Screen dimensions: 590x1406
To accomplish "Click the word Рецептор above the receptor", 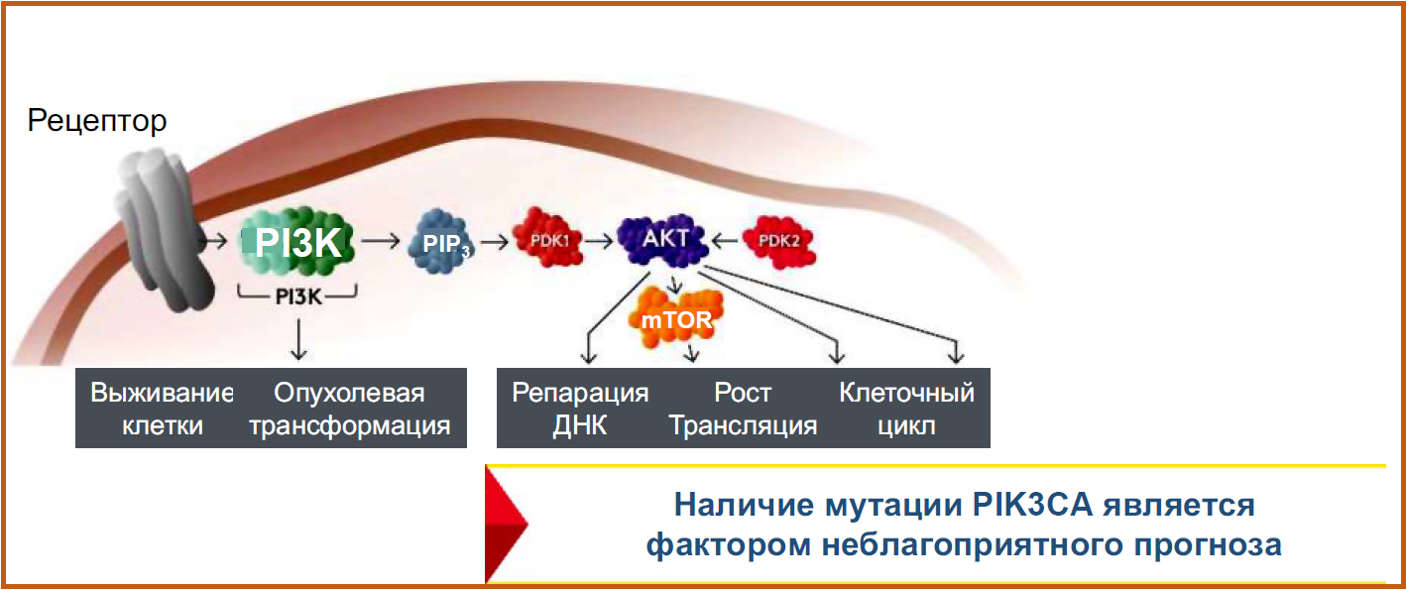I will [x=97, y=122].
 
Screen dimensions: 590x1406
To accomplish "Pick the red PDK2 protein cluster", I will [x=784, y=241].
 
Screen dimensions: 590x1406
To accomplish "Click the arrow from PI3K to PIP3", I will [x=381, y=240].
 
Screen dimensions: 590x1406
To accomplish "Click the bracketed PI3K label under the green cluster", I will [x=298, y=295].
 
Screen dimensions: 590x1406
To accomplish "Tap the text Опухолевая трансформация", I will [x=349, y=410].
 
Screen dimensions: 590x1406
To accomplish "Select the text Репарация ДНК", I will [x=580, y=410].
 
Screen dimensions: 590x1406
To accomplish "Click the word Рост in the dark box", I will [x=743, y=394].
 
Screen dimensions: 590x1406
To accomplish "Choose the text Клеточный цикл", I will [x=906, y=410].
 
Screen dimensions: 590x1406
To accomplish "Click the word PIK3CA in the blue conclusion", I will [x=1030, y=505].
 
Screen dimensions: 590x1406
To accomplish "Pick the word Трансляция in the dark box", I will [x=743, y=426].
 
